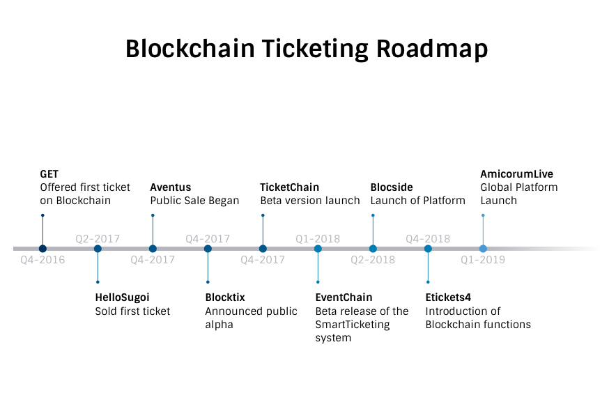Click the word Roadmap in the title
point(432,49)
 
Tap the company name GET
point(49,174)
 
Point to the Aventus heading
point(170,187)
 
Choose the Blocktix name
point(225,298)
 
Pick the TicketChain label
point(289,187)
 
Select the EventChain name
point(344,298)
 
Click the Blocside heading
point(392,187)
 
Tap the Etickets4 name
point(448,298)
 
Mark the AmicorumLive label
point(516,174)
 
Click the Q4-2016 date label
point(43,261)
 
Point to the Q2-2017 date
point(98,239)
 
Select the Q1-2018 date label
point(318,239)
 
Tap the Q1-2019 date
point(483,261)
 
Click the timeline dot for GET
point(43,249)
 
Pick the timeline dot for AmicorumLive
point(483,249)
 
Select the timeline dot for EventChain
point(318,249)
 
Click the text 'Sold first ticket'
point(132,311)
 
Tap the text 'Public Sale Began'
point(194,201)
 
